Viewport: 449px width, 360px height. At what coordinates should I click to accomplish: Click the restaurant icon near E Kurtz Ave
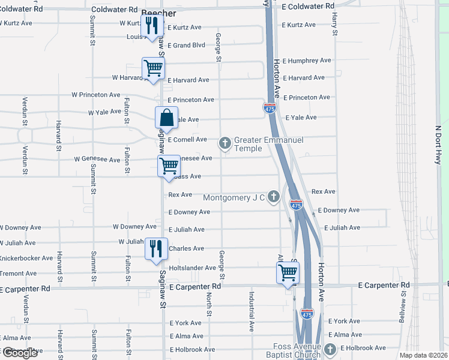click(152, 26)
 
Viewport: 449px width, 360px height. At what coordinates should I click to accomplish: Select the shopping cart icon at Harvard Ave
click(154, 68)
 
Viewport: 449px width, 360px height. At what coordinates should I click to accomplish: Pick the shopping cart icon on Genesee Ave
click(169, 165)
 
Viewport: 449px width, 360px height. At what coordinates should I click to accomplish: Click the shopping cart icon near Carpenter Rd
click(288, 272)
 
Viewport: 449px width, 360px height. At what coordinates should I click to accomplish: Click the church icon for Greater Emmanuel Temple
click(225, 143)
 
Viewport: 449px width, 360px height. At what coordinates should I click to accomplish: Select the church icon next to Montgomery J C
click(274, 196)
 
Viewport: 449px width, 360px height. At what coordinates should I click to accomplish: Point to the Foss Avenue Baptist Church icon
click(330, 349)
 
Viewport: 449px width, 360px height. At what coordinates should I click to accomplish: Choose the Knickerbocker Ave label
click(26, 258)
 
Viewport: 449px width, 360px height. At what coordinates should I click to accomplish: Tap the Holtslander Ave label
click(192, 268)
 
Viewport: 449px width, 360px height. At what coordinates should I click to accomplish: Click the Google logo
click(19, 353)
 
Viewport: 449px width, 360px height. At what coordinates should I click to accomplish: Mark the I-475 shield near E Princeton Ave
click(270, 108)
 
